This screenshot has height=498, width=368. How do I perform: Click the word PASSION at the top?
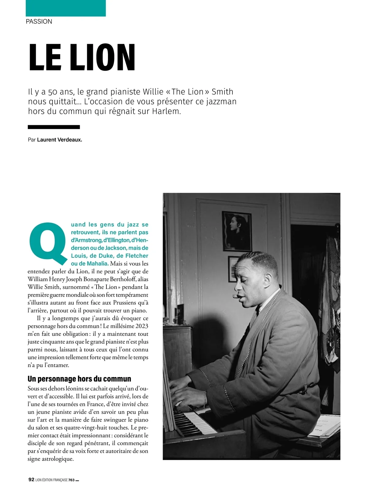coord(39,21)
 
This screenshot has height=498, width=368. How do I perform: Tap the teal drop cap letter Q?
coord(48,244)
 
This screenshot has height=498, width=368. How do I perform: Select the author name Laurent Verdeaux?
coord(59,140)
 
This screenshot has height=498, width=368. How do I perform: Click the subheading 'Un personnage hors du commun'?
coord(79,379)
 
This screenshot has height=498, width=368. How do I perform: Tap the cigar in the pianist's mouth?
coord(236,296)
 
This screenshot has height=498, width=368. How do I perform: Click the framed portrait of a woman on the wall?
coord(236,231)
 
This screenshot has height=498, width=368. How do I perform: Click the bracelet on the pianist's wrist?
coord(205,396)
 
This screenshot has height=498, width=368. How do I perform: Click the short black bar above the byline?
coord(54,127)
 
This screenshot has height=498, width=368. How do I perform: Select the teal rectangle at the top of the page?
coord(66,8)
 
